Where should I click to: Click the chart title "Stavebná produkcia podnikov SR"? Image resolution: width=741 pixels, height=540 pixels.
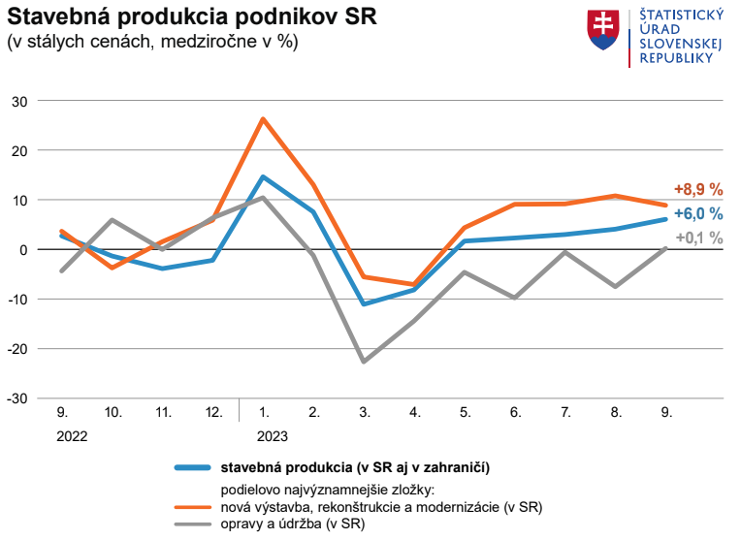(x=192, y=17)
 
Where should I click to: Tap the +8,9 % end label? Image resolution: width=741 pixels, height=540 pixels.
(x=698, y=190)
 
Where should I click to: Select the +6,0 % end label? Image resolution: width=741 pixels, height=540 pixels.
(x=698, y=214)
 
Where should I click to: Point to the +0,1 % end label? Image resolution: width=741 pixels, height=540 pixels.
(x=698, y=238)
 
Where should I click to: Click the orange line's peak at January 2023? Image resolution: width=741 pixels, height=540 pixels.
(x=263, y=119)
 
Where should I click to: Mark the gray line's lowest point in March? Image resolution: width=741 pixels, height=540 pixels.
(x=364, y=362)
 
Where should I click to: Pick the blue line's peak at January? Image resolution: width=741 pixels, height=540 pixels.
(x=263, y=176)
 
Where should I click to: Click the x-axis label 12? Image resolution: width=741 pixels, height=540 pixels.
(x=213, y=412)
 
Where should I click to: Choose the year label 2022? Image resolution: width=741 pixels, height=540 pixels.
(x=72, y=436)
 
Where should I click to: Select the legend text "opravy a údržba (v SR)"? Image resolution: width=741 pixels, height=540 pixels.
(x=292, y=524)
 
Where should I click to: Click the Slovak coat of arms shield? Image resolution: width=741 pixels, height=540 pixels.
(x=604, y=31)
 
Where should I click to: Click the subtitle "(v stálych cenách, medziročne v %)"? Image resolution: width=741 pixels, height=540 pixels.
(x=152, y=42)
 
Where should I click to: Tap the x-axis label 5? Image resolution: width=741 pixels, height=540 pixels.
(x=465, y=412)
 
